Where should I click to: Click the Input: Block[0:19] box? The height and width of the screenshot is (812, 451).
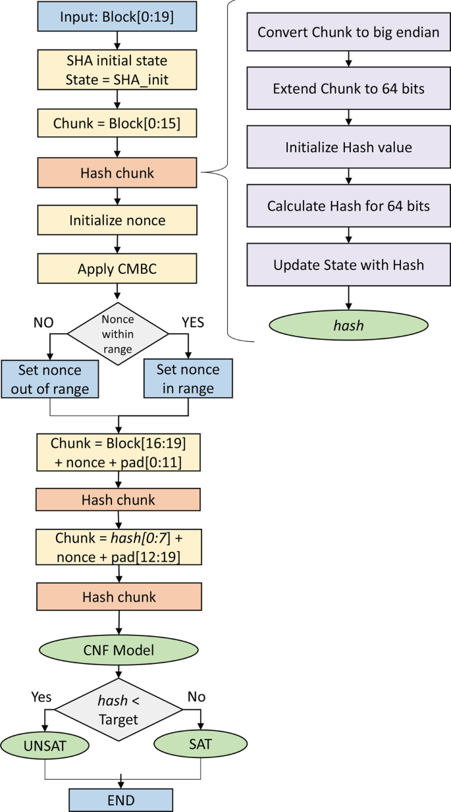point(118,16)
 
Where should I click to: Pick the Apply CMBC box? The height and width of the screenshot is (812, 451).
point(118,269)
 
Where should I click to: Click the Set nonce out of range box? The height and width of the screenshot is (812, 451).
point(50,379)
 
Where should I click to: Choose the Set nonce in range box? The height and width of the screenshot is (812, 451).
point(187,379)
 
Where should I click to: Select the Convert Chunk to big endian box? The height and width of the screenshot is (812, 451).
point(348,32)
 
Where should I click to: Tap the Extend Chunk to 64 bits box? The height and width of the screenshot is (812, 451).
point(348,90)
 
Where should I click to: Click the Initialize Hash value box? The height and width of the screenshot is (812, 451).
point(348,148)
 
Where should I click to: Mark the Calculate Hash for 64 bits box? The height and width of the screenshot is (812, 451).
point(348,206)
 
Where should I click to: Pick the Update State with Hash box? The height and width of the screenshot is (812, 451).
point(348,265)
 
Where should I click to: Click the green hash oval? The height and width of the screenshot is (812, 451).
point(348,325)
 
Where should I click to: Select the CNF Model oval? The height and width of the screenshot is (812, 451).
point(118,651)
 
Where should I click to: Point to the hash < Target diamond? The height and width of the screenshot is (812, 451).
point(118,709)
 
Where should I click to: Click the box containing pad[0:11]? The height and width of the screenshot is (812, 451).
point(118,454)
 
